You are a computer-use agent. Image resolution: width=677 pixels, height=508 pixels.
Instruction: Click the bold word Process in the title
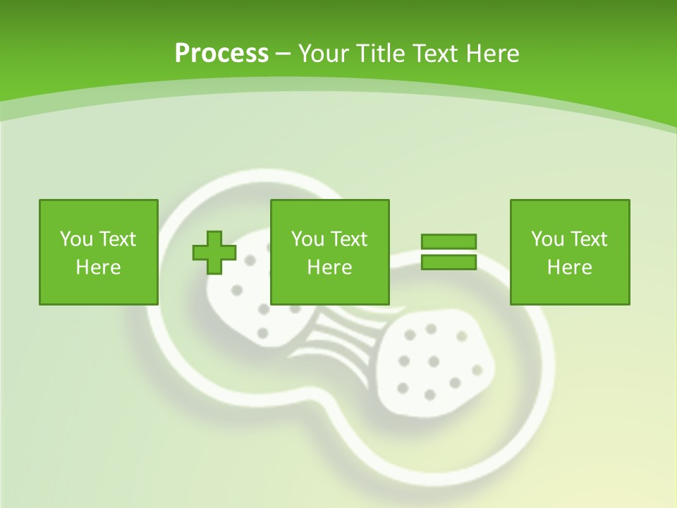(221, 54)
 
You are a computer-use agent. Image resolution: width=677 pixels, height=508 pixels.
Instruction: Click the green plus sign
(214, 253)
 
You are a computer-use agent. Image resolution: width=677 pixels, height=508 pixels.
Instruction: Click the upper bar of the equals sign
(449, 241)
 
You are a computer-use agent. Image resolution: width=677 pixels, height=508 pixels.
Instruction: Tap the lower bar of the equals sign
(449, 262)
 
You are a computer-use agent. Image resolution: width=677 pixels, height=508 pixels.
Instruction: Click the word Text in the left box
(117, 239)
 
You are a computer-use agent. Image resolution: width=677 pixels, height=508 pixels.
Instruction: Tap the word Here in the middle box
(329, 267)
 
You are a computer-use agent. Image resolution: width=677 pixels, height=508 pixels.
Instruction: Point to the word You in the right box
(548, 239)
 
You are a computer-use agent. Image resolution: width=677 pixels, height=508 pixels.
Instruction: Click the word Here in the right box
(569, 267)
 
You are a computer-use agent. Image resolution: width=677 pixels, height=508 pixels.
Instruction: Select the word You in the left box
(77, 239)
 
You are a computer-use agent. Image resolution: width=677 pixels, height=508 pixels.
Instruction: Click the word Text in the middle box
(348, 239)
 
